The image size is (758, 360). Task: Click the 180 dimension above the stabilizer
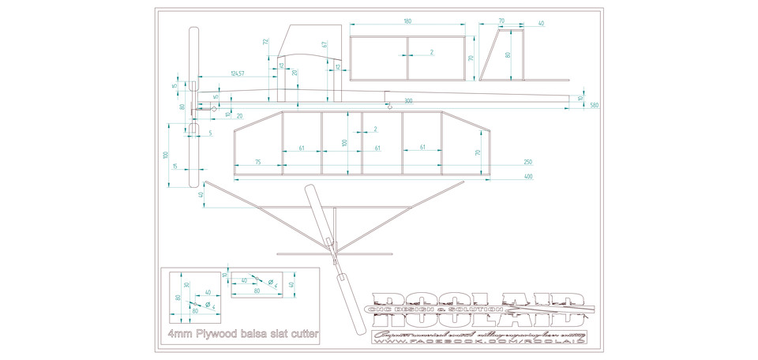click(x=407, y=22)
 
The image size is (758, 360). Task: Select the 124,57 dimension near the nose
click(x=236, y=73)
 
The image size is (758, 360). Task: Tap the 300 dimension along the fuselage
click(x=407, y=101)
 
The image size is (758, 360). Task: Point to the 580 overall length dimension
click(x=593, y=105)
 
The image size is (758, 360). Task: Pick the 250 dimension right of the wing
click(x=527, y=162)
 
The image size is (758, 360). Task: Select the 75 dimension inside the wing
click(x=258, y=162)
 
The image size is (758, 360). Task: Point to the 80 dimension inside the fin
click(x=508, y=55)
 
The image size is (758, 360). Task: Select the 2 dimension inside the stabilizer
click(x=431, y=53)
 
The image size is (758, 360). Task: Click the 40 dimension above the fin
click(x=541, y=24)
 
